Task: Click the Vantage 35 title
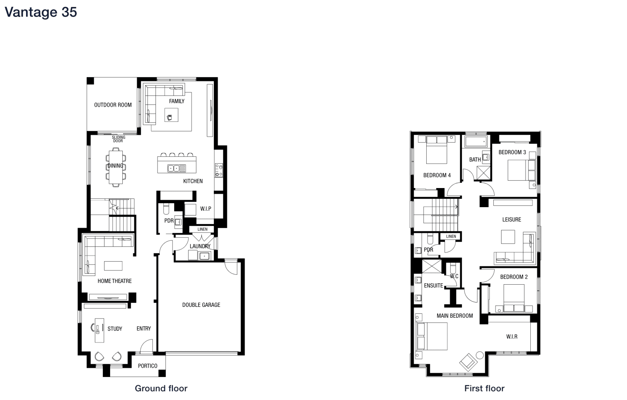coord(40,12)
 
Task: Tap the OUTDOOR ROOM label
coord(113,105)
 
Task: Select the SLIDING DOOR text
coord(118,139)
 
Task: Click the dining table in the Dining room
coord(116,167)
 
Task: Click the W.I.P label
coord(206,209)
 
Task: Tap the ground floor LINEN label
coord(202,229)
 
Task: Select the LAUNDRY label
coord(200,246)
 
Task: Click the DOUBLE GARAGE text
coord(201,305)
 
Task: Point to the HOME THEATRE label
coord(115,281)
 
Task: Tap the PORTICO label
coord(148,366)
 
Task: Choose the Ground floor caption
coord(161,388)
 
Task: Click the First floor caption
coord(484,388)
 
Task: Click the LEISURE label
coord(512,220)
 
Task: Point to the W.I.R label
coord(512,337)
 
